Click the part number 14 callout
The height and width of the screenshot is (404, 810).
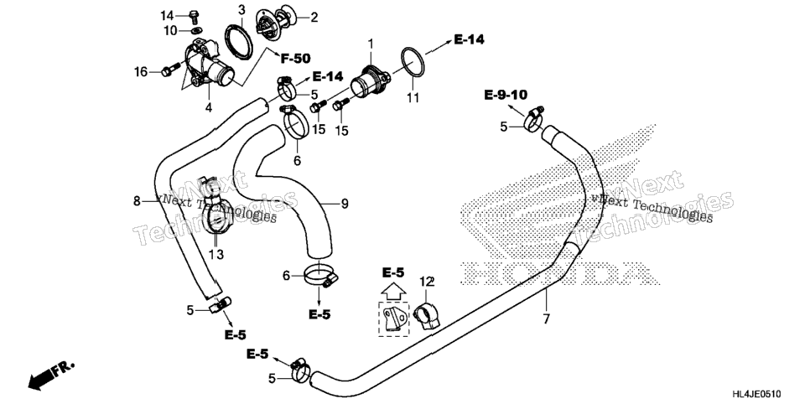(x=167, y=15)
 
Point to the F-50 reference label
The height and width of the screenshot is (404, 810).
(x=295, y=59)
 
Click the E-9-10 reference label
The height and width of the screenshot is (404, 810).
(x=506, y=95)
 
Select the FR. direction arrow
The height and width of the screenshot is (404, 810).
(x=50, y=375)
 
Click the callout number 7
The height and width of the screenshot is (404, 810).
(x=547, y=319)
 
